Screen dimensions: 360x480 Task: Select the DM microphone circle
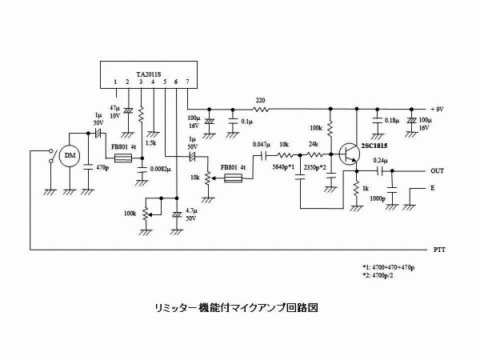(70, 155)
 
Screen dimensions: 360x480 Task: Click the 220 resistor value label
(259, 101)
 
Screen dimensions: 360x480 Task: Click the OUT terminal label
(437, 171)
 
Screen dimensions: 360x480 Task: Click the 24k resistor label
(314, 145)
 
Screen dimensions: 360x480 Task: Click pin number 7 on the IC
(187, 82)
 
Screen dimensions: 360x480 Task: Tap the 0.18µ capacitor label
(392, 121)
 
